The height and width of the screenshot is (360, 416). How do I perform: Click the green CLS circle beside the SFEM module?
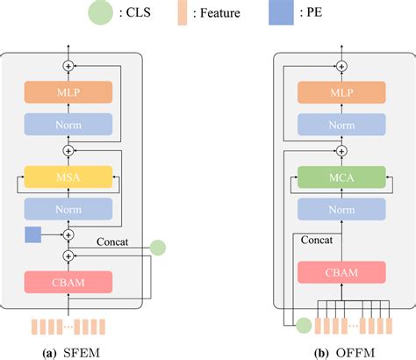point(158,248)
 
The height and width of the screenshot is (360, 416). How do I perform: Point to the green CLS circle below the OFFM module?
point(303,326)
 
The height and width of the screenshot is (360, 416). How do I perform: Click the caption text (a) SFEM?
point(73,351)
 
